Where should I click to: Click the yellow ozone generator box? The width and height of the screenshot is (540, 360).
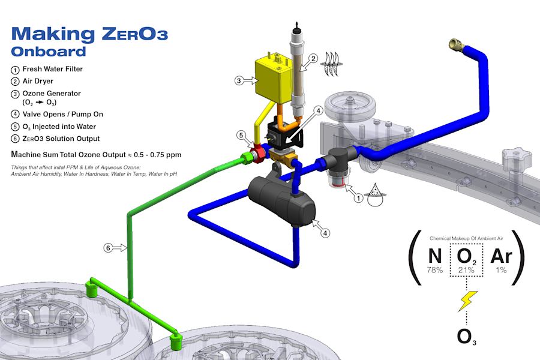274,79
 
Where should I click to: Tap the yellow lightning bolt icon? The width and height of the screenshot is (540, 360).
467,301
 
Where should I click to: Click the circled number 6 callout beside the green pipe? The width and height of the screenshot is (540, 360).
108,248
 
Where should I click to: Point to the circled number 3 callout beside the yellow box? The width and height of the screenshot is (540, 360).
239,80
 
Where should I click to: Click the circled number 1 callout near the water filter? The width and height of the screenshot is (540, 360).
359,198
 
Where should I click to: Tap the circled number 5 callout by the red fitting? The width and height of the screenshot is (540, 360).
241,135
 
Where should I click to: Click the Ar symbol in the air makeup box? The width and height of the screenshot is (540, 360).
502,256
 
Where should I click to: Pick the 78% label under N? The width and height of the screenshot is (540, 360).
434,270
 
